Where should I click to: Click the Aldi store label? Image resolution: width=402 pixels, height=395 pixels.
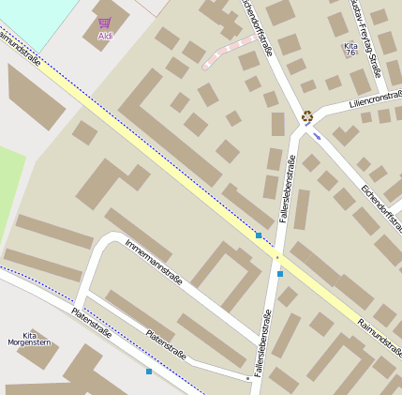click(x=104, y=36)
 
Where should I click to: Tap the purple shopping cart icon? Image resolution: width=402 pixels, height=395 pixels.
click(x=104, y=22)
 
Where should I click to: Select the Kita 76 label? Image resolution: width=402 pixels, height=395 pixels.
click(x=350, y=49)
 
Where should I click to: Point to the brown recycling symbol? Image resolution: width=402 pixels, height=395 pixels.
click(x=307, y=117)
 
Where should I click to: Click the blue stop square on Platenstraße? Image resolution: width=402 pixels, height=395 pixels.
click(x=149, y=372)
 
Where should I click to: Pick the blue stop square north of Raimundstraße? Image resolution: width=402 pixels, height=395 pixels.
click(x=259, y=235)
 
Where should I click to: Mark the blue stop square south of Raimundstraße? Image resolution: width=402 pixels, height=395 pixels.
click(x=279, y=274)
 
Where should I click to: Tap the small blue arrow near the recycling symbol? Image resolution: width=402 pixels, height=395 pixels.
click(x=317, y=136)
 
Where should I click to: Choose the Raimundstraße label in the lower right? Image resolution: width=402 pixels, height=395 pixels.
click(x=379, y=338)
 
